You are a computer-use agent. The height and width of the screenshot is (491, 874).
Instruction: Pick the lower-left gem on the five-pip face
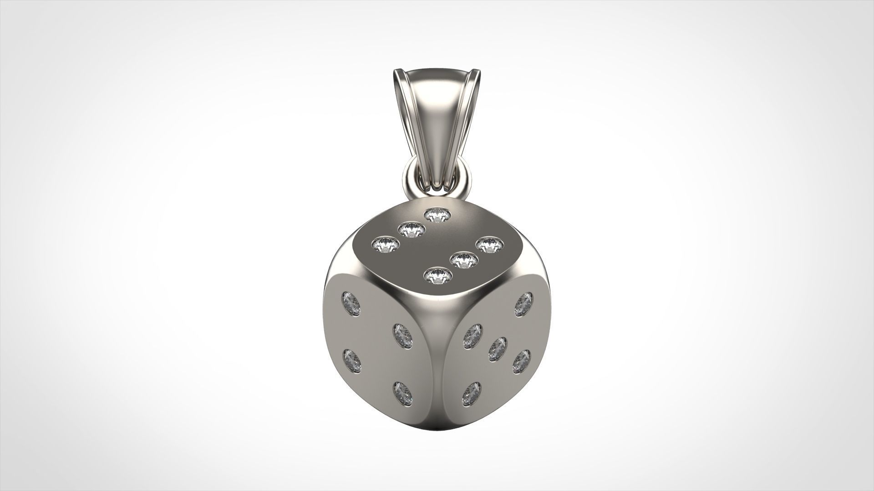coord(472,394)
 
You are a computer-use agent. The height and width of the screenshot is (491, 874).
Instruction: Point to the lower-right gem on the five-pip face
coord(522,362)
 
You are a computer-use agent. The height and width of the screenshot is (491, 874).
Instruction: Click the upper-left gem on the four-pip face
coord(351,304)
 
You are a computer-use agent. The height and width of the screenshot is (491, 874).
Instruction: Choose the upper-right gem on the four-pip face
coord(402,336)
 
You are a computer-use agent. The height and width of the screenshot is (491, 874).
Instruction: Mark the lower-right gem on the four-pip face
coord(402,394)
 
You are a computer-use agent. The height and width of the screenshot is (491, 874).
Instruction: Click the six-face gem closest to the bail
coord(437,215)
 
